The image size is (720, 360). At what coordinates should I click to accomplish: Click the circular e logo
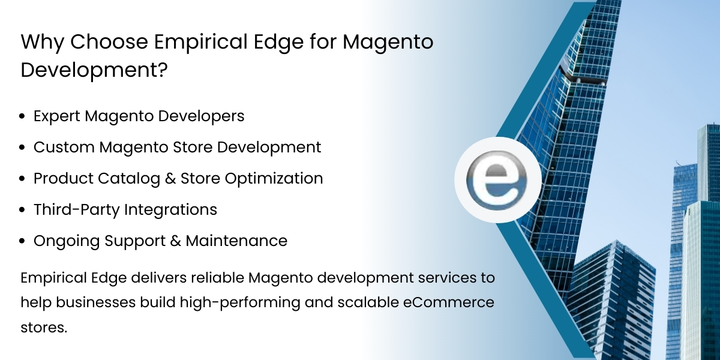coord(497,180)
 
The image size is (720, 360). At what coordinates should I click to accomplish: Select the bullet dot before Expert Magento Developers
coord(23,116)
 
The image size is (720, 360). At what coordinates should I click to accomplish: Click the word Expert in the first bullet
coord(57,116)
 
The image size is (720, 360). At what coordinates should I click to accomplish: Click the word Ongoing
coord(67,241)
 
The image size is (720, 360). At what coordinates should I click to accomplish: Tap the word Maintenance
coord(236,241)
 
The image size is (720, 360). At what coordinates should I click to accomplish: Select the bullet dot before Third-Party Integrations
coord(23,210)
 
